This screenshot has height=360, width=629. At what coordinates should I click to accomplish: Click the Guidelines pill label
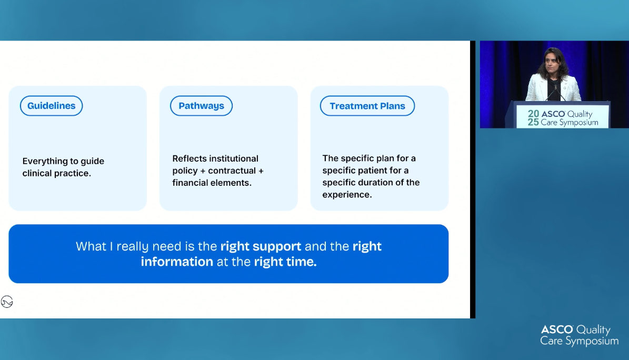pos(52,106)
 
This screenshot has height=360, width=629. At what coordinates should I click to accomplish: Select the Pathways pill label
pos(202,106)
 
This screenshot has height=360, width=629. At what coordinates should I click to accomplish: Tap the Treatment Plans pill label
pos(367,106)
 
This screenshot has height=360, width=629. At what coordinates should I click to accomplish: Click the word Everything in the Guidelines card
pos(43,162)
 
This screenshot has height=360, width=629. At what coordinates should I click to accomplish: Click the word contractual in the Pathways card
pos(232,171)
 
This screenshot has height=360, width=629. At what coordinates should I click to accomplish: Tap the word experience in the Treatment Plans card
pos(346,195)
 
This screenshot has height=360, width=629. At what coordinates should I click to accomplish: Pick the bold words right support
pos(261,246)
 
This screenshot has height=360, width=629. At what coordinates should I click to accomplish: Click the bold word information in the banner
pos(177,262)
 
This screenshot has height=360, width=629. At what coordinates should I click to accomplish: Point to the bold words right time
pos(285,262)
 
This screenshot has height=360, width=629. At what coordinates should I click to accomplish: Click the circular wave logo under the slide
pos(7,302)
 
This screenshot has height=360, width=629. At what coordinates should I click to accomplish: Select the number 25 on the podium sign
pos(533,122)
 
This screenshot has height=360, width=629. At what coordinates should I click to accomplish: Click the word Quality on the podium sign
pos(580,114)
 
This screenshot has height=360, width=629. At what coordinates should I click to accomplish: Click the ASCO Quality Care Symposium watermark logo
pos(579,335)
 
